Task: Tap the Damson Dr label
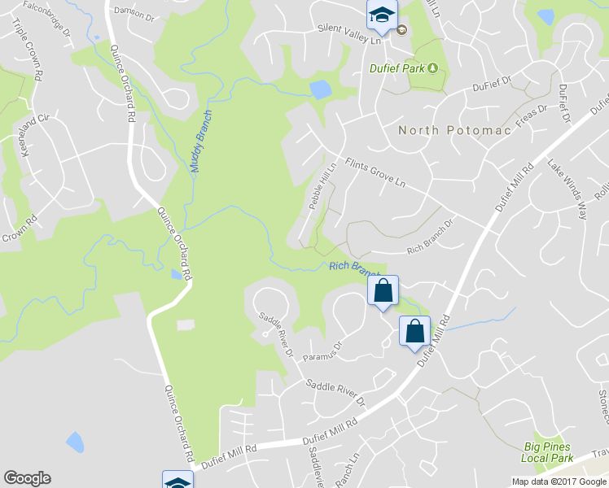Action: click(134, 12)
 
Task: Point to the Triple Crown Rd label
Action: click(20, 42)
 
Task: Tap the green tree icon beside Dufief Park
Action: click(433, 68)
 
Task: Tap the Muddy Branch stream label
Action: click(201, 141)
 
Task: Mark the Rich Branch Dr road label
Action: click(429, 242)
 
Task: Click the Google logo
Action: click(27, 478)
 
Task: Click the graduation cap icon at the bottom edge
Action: click(177, 481)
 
